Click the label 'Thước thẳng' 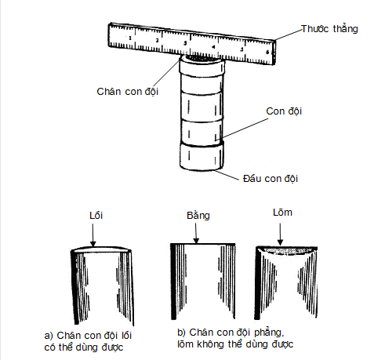[329, 29]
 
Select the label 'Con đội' [286, 111]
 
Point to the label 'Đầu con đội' [271, 178]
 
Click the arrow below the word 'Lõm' [280, 233]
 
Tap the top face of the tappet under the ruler [202, 60]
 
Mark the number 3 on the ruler [185, 43]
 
